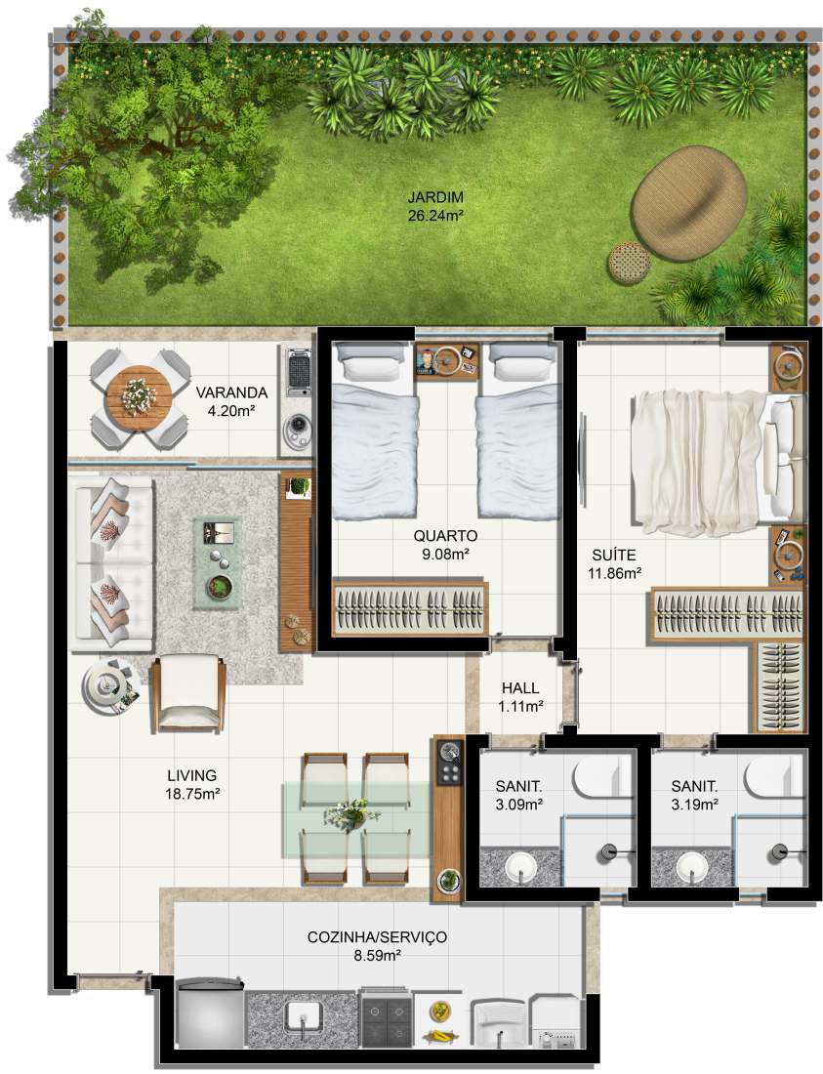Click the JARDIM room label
tap(435, 197)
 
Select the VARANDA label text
tap(231, 392)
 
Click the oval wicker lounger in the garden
tap(688, 204)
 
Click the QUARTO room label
tap(445, 536)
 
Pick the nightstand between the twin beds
tap(446, 360)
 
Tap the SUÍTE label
tap(613, 555)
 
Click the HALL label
tap(520, 687)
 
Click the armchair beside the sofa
tap(187, 692)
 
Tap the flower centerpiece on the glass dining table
tap(352, 815)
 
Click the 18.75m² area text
tap(191, 794)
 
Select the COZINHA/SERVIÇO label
tap(377, 936)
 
